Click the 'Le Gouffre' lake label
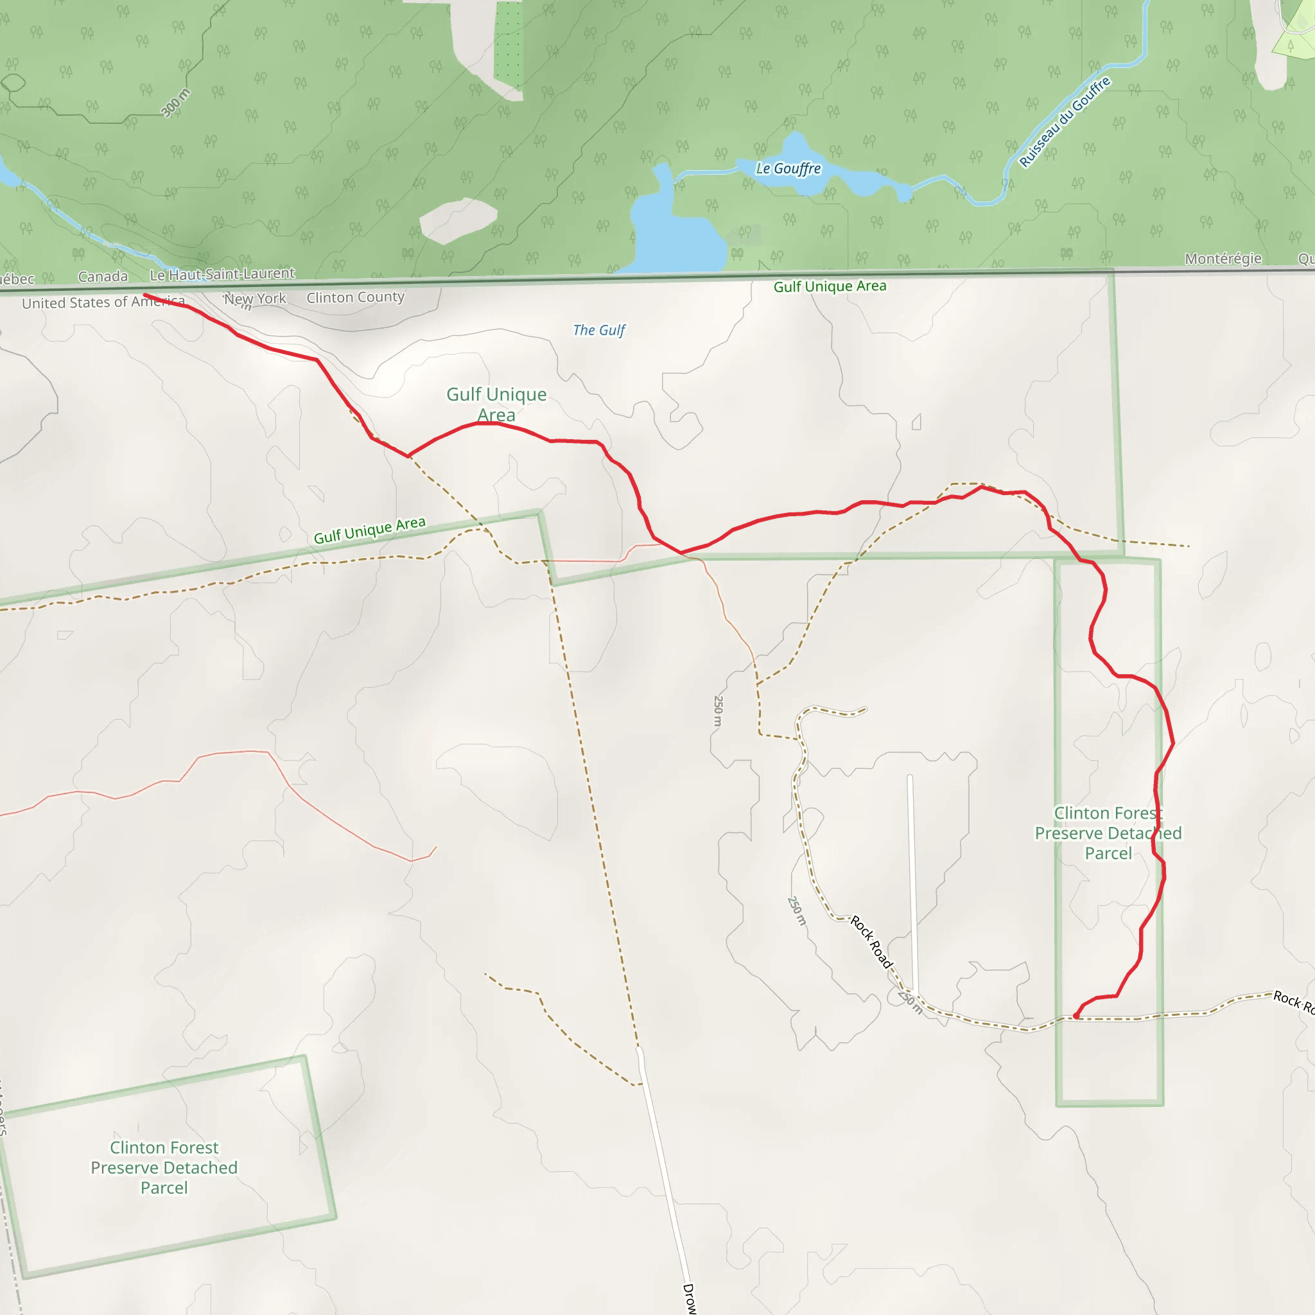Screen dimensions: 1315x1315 (788, 168)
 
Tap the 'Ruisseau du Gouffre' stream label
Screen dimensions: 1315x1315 (1065, 122)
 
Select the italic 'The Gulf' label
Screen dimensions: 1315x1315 (599, 330)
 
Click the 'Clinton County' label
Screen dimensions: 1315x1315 (355, 297)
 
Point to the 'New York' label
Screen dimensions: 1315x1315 (256, 299)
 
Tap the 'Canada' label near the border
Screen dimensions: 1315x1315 (103, 276)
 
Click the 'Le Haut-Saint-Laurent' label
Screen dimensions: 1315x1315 (223, 274)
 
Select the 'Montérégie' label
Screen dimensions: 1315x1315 (1223, 259)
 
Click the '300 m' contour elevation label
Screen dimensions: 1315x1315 (175, 103)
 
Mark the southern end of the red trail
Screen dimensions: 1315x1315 (1076, 1016)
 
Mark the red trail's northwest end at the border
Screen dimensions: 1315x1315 (145, 295)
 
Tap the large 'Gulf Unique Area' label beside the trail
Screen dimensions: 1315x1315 (496, 405)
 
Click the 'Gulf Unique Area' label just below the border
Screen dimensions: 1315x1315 (830, 286)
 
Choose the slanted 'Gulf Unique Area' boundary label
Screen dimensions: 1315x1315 (370, 530)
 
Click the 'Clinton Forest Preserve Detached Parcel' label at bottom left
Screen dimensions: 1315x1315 (164, 1167)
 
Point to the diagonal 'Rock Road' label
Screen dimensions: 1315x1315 (871, 942)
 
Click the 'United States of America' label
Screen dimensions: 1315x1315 (103, 302)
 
